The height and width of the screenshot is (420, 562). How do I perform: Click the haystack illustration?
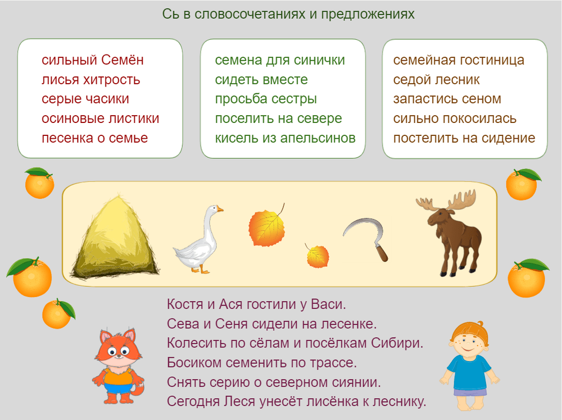click(x=115, y=238)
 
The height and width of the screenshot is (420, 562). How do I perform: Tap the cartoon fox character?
click(x=118, y=365)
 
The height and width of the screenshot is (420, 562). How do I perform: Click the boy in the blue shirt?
click(x=469, y=365)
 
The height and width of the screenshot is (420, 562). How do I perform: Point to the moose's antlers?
click(x=447, y=200)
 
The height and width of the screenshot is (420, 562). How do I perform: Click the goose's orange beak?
click(x=220, y=209)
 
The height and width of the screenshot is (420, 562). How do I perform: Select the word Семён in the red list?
click(x=123, y=60)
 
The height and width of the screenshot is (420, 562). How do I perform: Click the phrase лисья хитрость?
click(x=90, y=80)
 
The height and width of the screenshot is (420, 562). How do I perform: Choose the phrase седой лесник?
click(x=436, y=80)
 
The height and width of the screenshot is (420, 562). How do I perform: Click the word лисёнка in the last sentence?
click(x=324, y=401)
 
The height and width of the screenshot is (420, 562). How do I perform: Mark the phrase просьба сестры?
click(x=266, y=99)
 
